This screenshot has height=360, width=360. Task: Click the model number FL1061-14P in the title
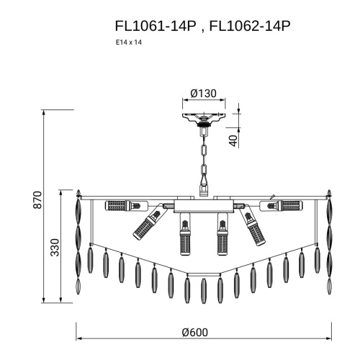[x=156, y=26]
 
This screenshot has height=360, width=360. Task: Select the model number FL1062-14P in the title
[x=250, y=26]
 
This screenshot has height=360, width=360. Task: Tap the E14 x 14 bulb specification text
[x=129, y=42]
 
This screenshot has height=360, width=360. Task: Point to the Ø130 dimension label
[x=204, y=94]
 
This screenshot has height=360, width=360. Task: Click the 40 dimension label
[x=233, y=141]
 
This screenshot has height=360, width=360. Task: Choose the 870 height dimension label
[x=37, y=200]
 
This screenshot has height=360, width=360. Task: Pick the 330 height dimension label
[x=55, y=248]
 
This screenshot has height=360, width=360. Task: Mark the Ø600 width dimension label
[x=195, y=333]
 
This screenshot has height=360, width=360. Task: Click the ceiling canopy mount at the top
[x=204, y=118]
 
